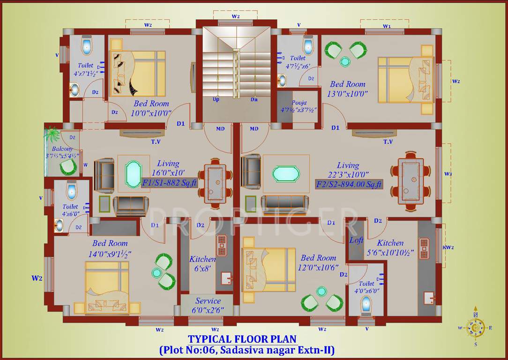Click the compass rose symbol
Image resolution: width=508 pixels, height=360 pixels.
tap(476, 328)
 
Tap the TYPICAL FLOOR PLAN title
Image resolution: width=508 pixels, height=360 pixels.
tap(242, 339)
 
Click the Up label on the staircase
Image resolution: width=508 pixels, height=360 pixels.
tap(216, 99)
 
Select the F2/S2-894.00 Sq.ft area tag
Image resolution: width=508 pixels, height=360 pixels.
tap(349, 183)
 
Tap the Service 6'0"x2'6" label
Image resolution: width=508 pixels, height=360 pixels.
tap(208, 305)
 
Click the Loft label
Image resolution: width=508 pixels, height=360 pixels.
tap(356, 240)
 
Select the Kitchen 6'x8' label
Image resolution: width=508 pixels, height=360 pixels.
tap(202, 263)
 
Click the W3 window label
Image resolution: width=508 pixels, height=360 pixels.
tap(448, 174)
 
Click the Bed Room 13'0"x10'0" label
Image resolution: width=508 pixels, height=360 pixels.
tap(347, 89)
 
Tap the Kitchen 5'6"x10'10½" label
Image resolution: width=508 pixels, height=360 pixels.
tap(390, 248)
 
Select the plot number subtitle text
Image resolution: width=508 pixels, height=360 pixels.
tap(247, 350)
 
